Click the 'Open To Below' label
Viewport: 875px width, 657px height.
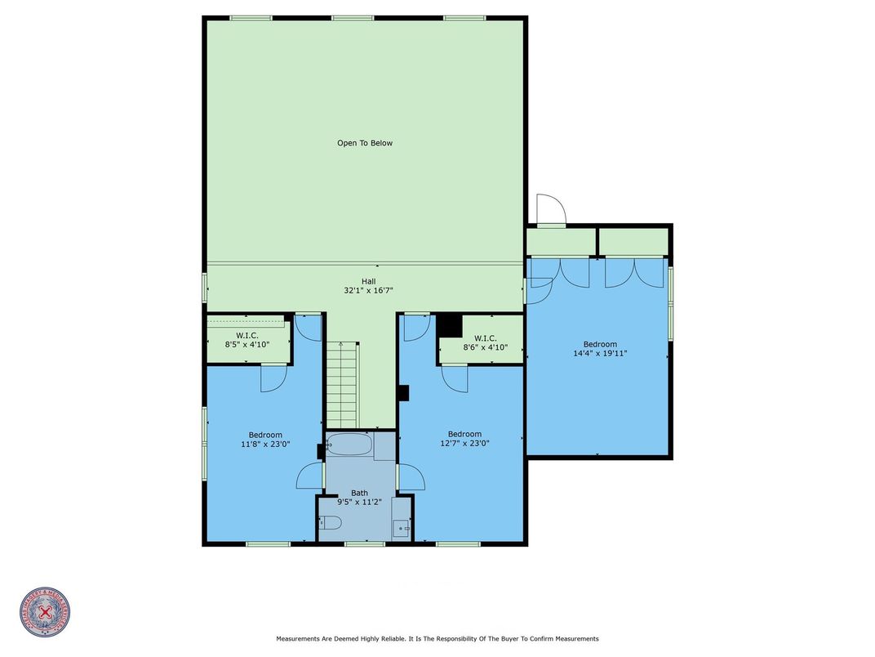[365, 143]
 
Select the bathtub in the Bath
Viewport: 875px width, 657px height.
[349, 446]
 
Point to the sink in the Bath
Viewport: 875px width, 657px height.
[401, 528]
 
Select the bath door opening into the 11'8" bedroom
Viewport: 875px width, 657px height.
[310, 478]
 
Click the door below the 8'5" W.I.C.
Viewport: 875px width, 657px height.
[272, 378]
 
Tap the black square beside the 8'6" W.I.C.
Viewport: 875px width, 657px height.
[450, 326]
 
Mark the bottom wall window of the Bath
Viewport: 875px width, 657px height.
[364, 543]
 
